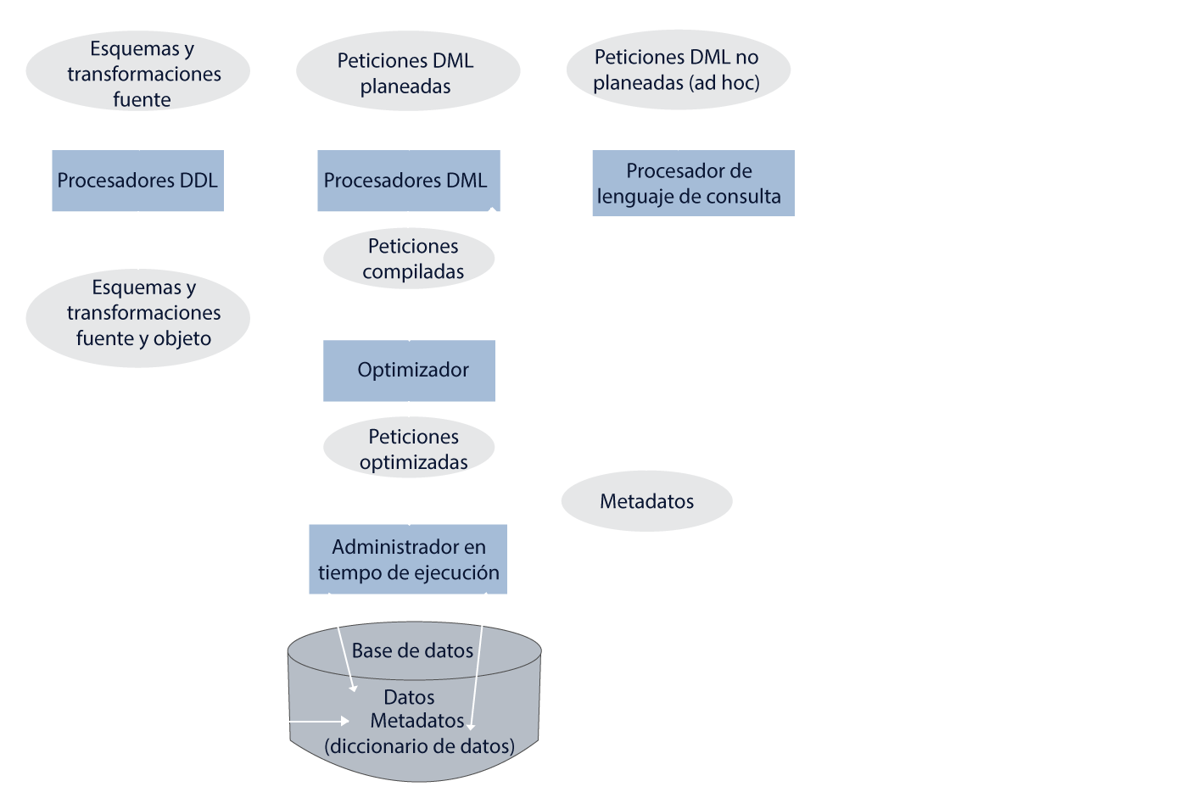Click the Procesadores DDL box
137,181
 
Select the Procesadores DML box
407,181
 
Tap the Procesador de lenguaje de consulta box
692,183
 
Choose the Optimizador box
409,371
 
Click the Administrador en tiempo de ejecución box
408,560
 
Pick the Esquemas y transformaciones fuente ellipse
138,74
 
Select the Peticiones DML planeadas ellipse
407,73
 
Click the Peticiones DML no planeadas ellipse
677,70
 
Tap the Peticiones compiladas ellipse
409,259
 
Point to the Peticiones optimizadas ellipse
409,449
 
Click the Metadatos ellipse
646,501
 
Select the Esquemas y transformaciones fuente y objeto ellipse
138,313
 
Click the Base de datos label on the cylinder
412,650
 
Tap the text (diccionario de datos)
419,746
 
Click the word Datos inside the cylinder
409,697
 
